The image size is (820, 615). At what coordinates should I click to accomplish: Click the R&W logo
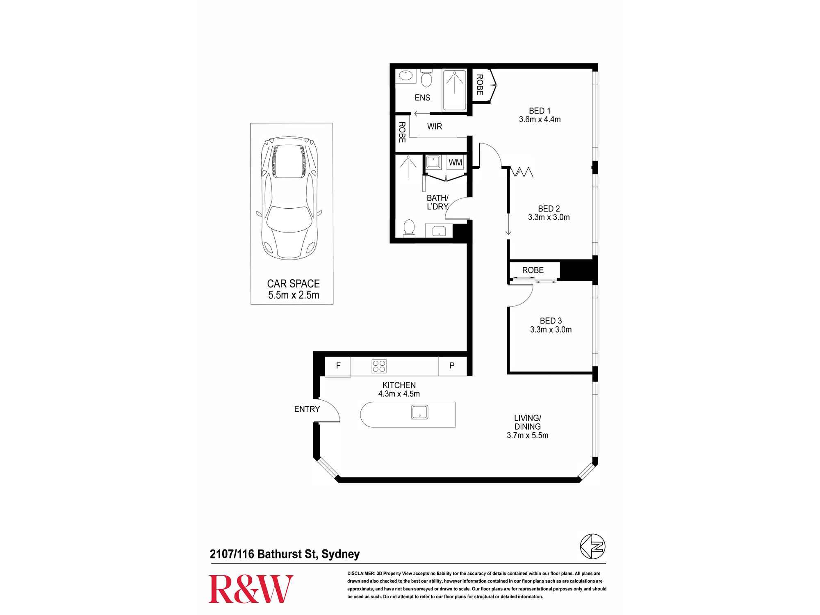(251, 589)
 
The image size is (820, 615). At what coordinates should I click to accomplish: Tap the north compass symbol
(592, 547)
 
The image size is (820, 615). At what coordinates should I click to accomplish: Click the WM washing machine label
(455, 162)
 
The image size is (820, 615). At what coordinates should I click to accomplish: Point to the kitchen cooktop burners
(379, 366)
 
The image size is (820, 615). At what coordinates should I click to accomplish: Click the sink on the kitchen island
(419, 412)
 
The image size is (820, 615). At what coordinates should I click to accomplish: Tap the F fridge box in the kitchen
(338, 366)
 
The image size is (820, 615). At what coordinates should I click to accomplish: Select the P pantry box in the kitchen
(452, 366)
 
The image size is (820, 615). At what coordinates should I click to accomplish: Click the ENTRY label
(307, 409)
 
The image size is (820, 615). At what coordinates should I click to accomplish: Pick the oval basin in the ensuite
(405, 76)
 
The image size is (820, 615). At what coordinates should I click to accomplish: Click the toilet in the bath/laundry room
(409, 228)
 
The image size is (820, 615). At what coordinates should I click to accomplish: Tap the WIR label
(435, 126)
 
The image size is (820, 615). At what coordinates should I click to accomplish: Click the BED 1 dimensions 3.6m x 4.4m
(540, 120)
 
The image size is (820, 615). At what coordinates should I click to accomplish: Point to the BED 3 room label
(551, 321)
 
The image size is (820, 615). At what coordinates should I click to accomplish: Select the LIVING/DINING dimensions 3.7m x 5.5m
(527, 435)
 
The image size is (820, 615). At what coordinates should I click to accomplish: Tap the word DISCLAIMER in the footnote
(361, 574)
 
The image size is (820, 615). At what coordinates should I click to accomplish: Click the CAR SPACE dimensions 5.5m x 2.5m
(294, 295)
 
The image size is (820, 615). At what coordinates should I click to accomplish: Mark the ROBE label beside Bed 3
(533, 270)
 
